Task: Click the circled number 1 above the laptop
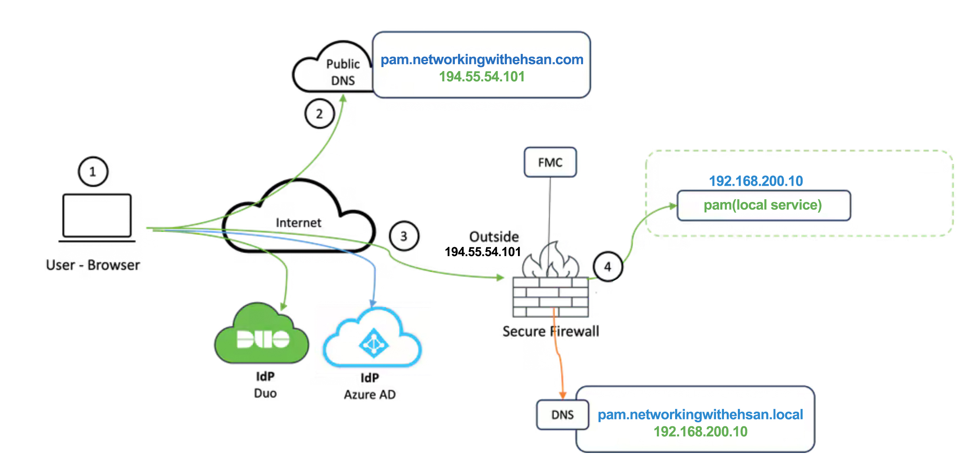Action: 93,171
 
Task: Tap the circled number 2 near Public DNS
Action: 319,114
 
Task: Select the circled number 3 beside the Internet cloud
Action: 404,236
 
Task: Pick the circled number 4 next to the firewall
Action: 607,267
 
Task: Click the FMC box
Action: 550,162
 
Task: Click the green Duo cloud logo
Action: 262,335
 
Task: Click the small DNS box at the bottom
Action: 562,415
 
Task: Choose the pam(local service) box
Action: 763,205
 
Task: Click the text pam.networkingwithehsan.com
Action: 482,60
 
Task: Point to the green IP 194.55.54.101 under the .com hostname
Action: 482,77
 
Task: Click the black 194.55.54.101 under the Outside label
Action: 482,252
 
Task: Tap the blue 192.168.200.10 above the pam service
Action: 756,181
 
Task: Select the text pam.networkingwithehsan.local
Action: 700,414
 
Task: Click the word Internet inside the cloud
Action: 298,223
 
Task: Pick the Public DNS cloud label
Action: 343,72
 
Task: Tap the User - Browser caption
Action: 93,265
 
